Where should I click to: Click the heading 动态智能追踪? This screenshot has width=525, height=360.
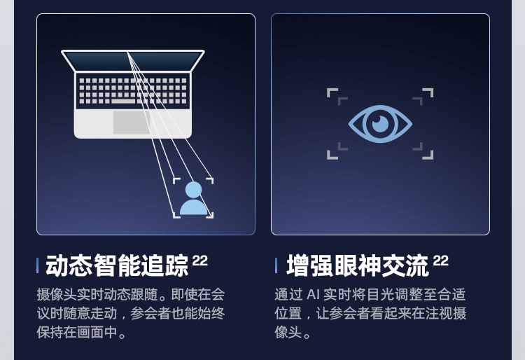click(x=117, y=265)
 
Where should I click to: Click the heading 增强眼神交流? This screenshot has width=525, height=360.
click(x=358, y=265)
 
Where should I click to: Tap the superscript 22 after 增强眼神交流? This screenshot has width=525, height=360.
click(x=440, y=261)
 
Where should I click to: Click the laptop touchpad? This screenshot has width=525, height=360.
click(x=132, y=122)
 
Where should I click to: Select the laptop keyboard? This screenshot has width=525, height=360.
click(x=133, y=90)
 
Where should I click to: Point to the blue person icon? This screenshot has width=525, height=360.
click(x=194, y=199)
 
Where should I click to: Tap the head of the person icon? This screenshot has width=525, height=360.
click(x=194, y=190)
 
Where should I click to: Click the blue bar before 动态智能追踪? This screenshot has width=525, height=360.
click(x=38, y=265)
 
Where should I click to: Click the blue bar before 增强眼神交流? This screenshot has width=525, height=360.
click(x=276, y=265)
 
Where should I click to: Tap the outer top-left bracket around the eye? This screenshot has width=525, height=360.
click(x=331, y=92)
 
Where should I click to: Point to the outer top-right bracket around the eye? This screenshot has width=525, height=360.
click(x=429, y=92)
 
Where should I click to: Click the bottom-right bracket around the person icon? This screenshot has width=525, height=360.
click(x=210, y=215)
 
